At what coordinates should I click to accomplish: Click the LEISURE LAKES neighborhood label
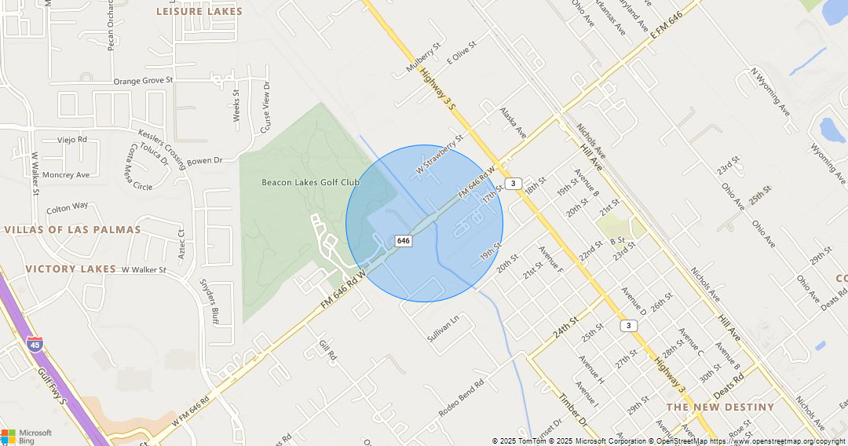199,12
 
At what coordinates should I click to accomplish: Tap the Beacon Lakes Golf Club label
310,182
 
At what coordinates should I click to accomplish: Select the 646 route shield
403,240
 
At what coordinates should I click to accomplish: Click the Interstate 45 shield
35,344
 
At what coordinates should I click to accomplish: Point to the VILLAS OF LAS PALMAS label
72,230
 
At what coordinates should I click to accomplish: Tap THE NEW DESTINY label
720,408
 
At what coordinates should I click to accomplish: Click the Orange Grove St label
143,81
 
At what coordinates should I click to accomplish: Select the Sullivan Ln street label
442,328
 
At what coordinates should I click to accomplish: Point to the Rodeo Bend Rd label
461,398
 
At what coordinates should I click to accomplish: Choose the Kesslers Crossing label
161,148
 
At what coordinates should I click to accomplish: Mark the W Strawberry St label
440,154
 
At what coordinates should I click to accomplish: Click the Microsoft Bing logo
27,437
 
